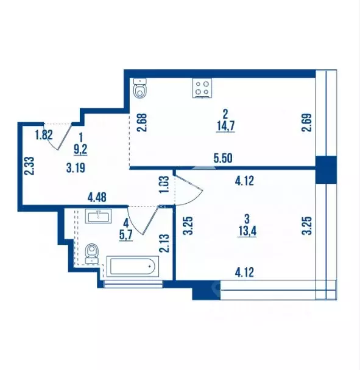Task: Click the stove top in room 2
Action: click(202, 88)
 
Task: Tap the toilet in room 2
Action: click(140, 89)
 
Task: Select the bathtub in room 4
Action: click(132, 266)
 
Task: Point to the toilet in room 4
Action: click(93, 253)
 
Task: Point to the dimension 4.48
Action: click(97, 197)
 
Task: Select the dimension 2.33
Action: click(28, 166)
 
